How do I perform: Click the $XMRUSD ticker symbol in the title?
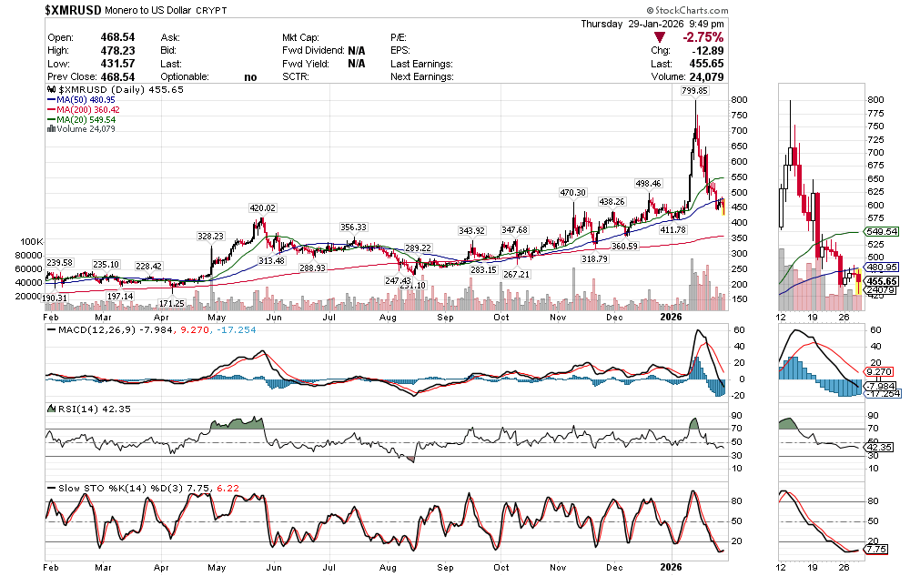pyautogui.click(x=75, y=9)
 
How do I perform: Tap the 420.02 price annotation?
pyautogui.click(x=263, y=207)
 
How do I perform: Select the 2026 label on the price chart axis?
pyautogui.click(x=671, y=316)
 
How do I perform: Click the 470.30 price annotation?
pyautogui.click(x=573, y=193)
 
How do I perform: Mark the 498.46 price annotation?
pyautogui.click(x=648, y=184)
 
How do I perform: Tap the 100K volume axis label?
pyautogui.click(x=31, y=241)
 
